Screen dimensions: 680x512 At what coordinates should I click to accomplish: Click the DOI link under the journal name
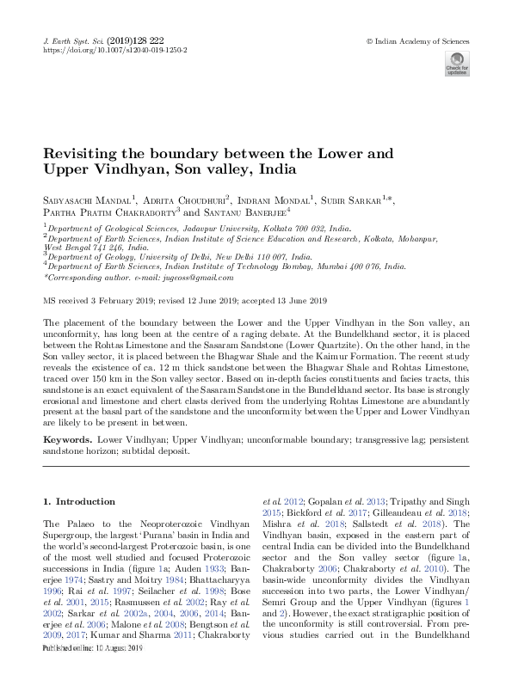pos(115,51)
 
